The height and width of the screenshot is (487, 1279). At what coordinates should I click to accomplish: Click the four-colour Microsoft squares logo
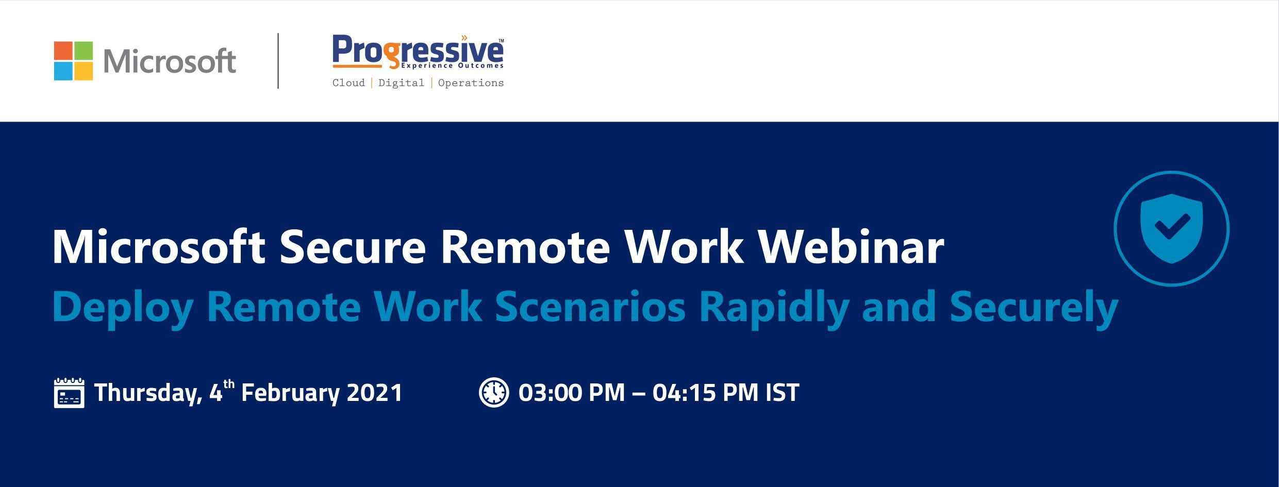click(x=73, y=61)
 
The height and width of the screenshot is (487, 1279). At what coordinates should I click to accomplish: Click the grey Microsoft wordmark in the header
click(x=170, y=61)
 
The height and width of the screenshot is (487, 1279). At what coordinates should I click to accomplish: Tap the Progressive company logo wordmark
click(x=418, y=52)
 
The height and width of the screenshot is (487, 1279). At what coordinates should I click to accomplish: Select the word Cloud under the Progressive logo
click(x=348, y=83)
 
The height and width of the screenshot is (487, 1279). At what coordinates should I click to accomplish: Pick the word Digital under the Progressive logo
click(x=401, y=83)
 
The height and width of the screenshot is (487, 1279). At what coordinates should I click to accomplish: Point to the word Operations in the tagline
click(x=471, y=83)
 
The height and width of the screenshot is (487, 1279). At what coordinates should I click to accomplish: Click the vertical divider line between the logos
click(x=278, y=61)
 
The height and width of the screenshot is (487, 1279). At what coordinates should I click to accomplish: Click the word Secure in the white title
click(x=353, y=247)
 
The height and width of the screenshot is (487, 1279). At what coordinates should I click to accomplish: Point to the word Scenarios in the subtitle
click(x=590, y=307)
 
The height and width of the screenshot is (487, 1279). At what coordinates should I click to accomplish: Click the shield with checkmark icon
click(x=1171, y=228)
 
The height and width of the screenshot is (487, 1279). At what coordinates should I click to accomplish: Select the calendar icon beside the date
click(x=69, y=393)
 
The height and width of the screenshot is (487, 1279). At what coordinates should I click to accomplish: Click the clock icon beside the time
click(x=494, y=393)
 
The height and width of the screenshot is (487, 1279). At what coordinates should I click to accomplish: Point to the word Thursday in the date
click(x=148, y=393)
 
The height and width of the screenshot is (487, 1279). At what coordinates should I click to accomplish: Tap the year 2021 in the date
click(x=374, y=393)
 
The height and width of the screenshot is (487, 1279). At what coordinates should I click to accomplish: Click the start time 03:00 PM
click(x=572, y=393)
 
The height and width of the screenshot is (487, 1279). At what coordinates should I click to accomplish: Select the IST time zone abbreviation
click(x=782, y=393)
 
